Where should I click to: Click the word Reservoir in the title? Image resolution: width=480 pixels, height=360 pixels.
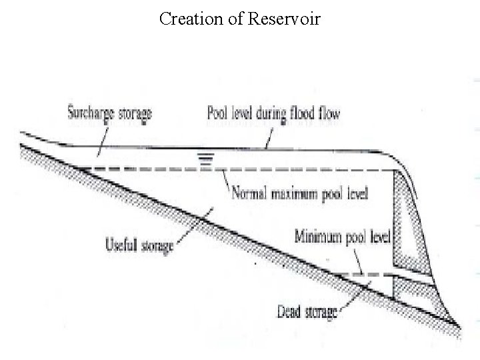point(285,19)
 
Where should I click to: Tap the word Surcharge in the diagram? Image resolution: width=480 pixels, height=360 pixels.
point(90,113)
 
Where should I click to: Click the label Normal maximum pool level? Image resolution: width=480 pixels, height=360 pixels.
point(300,195)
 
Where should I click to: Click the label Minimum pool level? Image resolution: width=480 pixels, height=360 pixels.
point(345,237)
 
